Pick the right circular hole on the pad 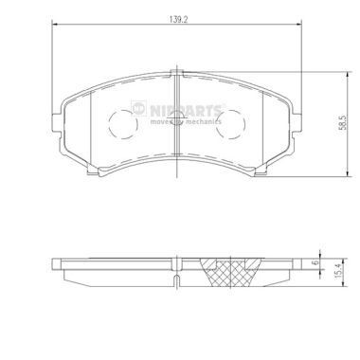tap(232, 122)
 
